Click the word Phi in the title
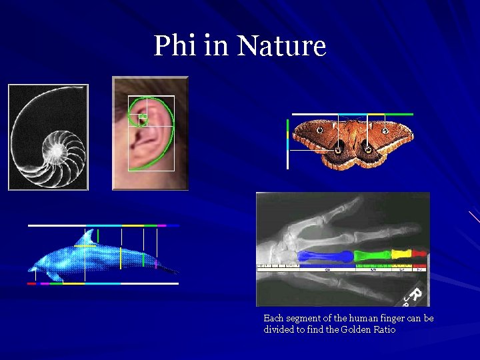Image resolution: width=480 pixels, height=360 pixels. [x=173, y=46]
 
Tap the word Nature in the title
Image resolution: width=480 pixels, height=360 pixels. [x=281, y=46]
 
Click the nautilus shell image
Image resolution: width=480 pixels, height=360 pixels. [x=48, y=137]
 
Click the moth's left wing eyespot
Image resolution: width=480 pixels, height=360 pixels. [x=320, y=129]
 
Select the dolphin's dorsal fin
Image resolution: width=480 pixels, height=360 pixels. [x=85, y=238]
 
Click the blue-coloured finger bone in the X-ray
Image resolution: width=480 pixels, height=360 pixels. [x=325, y=256]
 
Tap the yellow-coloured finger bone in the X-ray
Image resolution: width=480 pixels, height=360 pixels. [x=401, y=254]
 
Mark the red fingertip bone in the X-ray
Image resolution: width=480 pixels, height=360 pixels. [x=419, y=253]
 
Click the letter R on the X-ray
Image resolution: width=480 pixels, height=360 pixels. [x=414, y=294]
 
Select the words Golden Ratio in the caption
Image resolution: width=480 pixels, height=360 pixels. [x=373, y=329]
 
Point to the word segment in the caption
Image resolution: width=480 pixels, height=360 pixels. [x=301, y=318]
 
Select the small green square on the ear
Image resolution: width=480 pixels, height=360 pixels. [x=142, y=117]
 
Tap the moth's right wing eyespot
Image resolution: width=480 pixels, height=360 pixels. [x=385, y=131]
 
